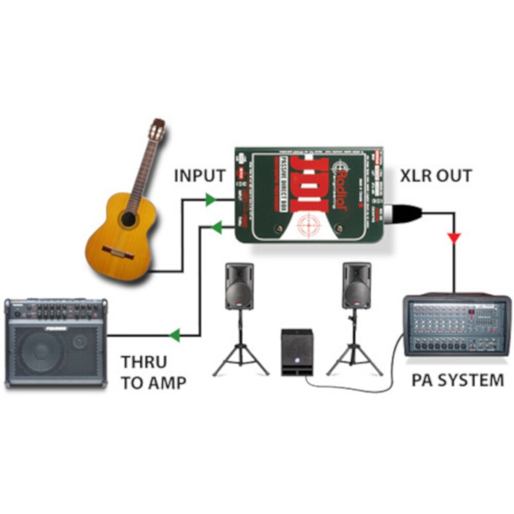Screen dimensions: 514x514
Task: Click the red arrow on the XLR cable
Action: pos(454,238)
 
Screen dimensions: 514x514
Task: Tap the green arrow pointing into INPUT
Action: pos(209,200)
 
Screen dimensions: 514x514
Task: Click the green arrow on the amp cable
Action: pos(174,335)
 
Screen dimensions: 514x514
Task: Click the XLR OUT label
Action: pos(436,175)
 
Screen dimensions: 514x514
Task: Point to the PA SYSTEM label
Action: pos(457,380)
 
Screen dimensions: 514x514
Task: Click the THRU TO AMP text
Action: pos(154,373)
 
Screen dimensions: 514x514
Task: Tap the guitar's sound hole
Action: pos(129,219)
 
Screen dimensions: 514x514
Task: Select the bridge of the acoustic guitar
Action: pos(118,252)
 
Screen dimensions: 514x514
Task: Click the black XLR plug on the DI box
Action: pos(402,209)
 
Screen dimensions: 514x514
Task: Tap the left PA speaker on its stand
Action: pos(239,286)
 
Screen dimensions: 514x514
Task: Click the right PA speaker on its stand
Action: pos(356,285)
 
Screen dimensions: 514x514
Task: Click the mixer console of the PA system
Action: pos(456,328)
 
